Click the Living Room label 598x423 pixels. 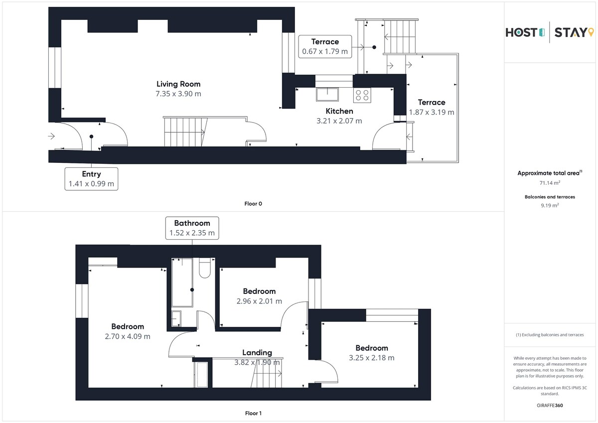coord(178,84)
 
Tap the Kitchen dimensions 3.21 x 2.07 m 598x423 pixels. coord(339,121)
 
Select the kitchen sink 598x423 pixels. coord(327,95)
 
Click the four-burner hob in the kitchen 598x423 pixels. coord(362,95)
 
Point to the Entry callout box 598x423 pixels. coord(91,179)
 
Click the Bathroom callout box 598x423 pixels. coord(192,228)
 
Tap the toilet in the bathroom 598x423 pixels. coord(205,268)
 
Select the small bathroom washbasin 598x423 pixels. coord(176,318)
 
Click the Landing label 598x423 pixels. coord(257,353)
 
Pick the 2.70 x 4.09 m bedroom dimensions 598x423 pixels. coord(128,336)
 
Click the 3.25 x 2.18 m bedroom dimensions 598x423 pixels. coord(372,358)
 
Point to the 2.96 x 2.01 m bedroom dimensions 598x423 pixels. coord(259,301)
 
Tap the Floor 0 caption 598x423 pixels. coord(253,204)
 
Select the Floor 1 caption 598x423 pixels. coord(253,413)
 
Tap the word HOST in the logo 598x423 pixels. coord(521,32)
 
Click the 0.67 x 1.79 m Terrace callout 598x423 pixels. coord(325,46)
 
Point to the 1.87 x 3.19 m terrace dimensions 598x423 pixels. coord(432,112)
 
